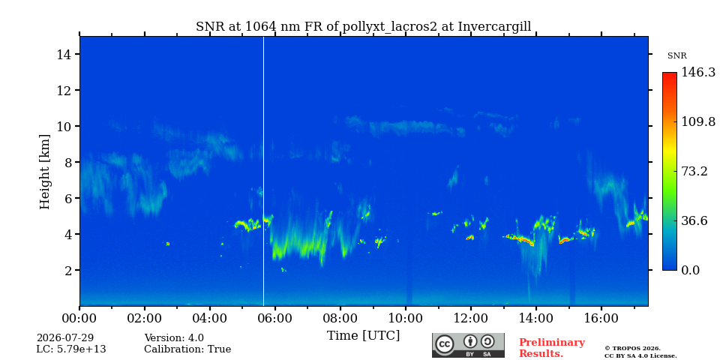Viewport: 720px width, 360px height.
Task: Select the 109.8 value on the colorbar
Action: [x=698, y=121]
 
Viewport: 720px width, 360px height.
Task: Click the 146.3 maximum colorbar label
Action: [x=698, y=72]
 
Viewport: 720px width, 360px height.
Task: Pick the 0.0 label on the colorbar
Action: [x=691, y=270]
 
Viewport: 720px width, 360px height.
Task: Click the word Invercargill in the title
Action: [x=494, y=27]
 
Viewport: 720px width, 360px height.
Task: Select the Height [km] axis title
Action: [x=44, y=172]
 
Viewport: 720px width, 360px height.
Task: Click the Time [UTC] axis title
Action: [x=363, y=336]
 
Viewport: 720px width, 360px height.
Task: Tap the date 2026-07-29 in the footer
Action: [x=65, y=338]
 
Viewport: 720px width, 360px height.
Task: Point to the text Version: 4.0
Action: [x=174, y=338]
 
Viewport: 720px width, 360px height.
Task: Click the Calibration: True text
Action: [x=187, y=349]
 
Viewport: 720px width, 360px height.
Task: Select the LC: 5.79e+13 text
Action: [x=71, y=349]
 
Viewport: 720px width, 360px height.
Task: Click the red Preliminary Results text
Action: [x=552, y=348]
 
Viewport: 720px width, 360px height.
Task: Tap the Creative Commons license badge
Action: [x=468, y=345]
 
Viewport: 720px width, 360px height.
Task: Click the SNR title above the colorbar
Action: [x=676, y=56]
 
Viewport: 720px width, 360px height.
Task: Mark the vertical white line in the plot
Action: [x=263, y=171]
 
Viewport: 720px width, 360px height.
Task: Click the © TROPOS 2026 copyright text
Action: [x=632, y=349]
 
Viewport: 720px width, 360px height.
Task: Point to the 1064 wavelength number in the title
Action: [x=261, y=27]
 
